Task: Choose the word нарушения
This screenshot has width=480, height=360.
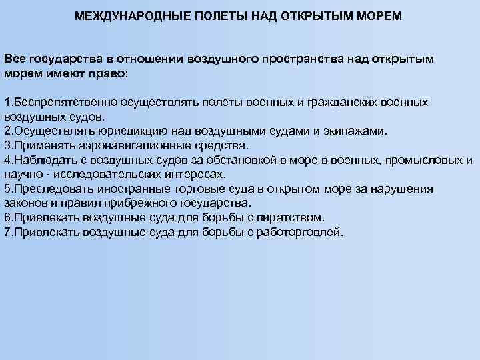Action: point(399,189)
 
